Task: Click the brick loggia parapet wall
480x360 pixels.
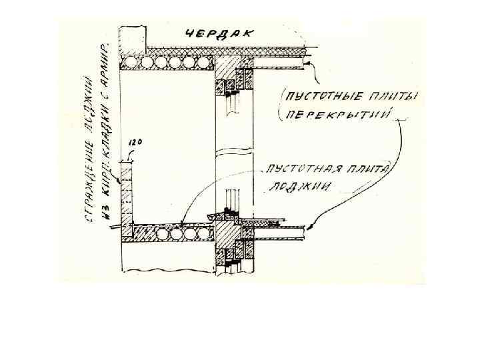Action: click(x=126, y=193)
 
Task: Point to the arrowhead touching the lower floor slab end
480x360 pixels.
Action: click(x=306, y=230)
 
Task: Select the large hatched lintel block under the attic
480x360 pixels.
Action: click(x=227, y=67)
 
